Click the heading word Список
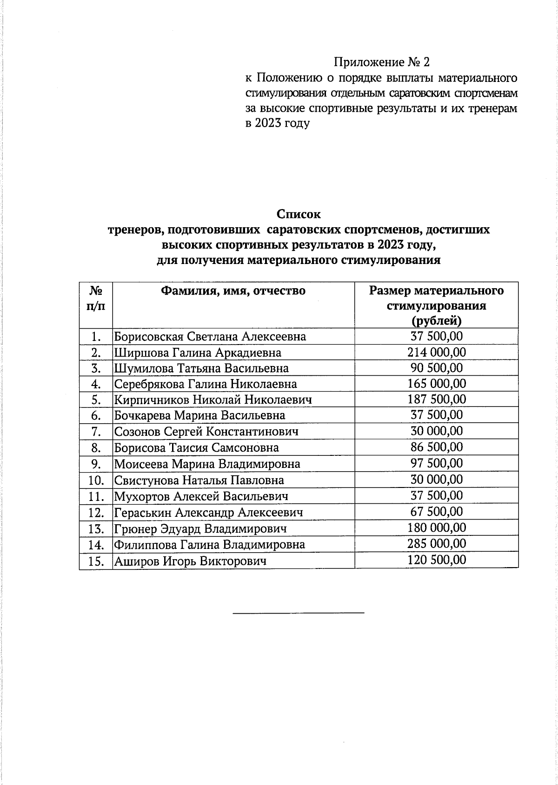click(x=299, y=214)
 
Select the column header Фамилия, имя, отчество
click(x=233, y=291)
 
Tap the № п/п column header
click(x=96, y=298)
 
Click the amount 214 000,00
click(x=437, y=352)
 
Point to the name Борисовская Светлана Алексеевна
click(x=210, y=337)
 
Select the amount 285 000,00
click(x=437, y=544)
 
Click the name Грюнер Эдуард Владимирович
click(x=200, y=528)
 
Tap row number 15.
click(x=96, y=561)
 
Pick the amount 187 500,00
click(x=437, y=399)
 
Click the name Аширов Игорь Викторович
click(x=190, y=561)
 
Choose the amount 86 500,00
click(x=437, y=447)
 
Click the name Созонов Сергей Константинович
click(x=206, y=432)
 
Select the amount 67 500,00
click(x=437, y=512)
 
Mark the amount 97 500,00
click(x=437, y=463)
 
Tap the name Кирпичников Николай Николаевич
click(x=213, y=399)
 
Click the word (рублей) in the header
click(x=437, y=321)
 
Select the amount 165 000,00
click(x=437, y=384)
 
